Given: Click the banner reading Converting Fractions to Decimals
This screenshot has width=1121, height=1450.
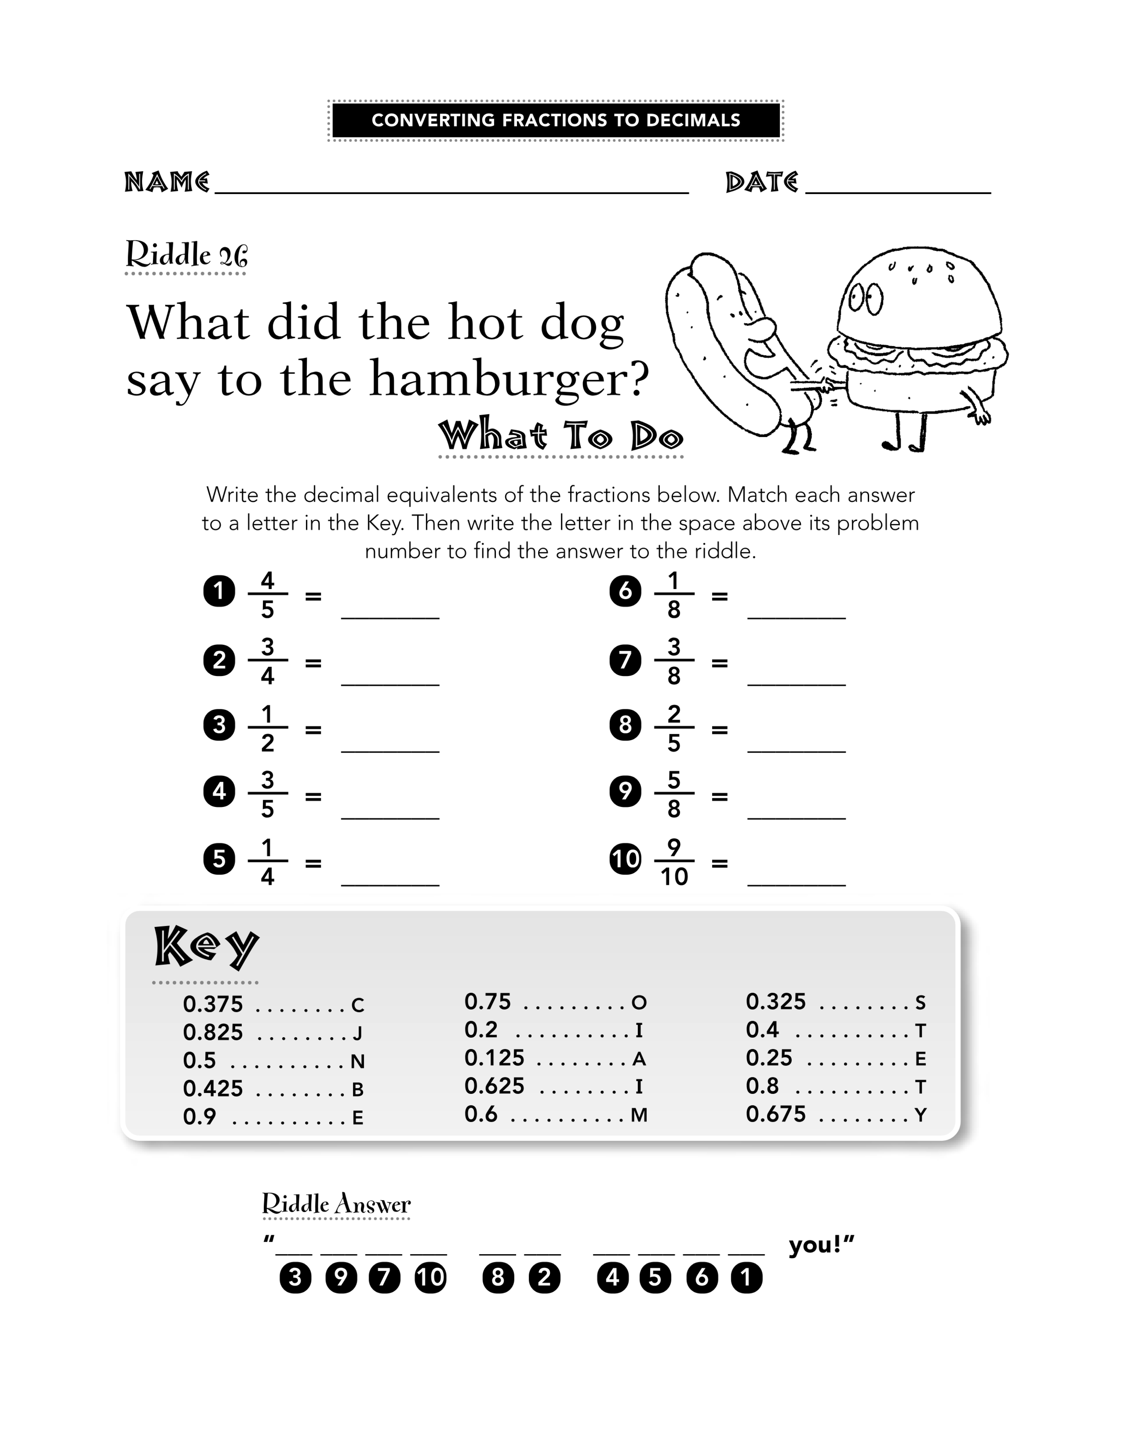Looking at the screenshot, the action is click(556, 120).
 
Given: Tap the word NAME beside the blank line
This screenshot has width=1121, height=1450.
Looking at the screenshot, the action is click(167, 182).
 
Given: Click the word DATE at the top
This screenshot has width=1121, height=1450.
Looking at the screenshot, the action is click(762, 182).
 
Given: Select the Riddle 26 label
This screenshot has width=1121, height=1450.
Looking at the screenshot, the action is click(187, 254).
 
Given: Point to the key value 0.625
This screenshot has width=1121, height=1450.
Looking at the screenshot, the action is click(494, 1086).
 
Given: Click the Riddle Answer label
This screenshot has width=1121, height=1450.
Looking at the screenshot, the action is click(336, 1204).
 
